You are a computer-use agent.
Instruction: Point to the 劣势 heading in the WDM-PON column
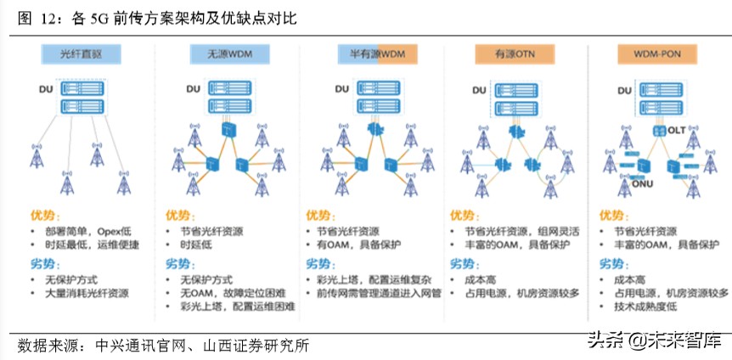tap(613, 262)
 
